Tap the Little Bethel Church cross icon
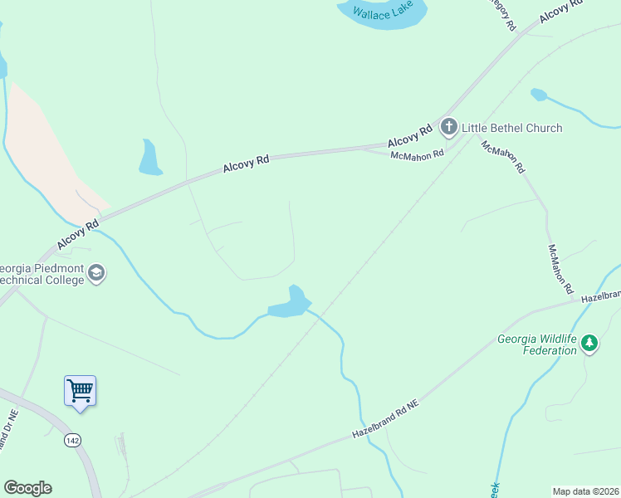tap(449, 127)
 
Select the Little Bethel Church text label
tap(511, 128)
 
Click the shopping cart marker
tap(80, 390)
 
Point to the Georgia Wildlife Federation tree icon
tap(589, 342)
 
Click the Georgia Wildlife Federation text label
tap(536, 344)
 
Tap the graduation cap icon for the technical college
tap(96, 273)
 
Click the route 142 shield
tap(73, 440)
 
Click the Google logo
tap(27, 488)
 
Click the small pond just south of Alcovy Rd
tap(149, 158)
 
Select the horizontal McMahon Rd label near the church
tap(418, 154)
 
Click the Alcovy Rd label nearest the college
tap(79, 235)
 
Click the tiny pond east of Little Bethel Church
tap(539, 95)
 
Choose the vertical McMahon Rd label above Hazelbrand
tap(560, 270)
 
